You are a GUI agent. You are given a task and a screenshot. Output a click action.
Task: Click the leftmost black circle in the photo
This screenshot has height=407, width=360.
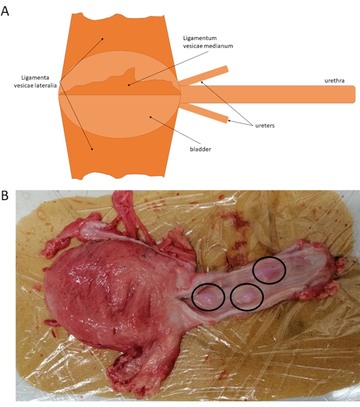[x=208, y=297]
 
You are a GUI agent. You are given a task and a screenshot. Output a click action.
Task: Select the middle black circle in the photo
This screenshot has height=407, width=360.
[x=247, y=297]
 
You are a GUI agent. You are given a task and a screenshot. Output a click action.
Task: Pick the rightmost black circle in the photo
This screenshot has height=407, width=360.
[x=268, y=270]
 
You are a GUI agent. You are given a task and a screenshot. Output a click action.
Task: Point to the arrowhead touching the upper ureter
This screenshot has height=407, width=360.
[x=201, y=81]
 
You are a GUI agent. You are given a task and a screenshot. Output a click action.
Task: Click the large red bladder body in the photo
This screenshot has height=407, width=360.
[x=103, y=293]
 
